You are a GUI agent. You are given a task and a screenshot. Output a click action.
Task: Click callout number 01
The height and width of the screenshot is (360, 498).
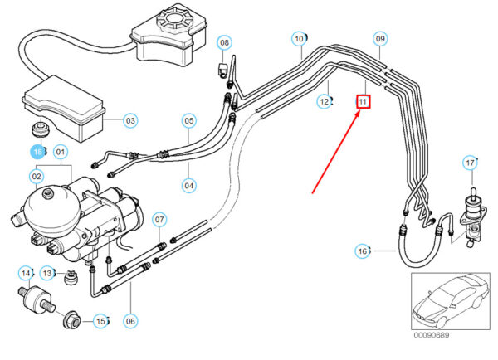[x=61, y=152]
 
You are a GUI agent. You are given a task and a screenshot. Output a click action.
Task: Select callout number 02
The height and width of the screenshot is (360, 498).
[x=37, y=176]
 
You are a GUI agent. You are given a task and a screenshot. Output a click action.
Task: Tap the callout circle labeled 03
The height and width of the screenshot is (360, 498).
[x=130, y=121]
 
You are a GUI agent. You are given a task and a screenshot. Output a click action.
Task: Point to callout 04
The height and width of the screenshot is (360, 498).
[x=189, y=184]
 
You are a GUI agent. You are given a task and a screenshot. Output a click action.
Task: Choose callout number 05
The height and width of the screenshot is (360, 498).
[x=189, y=121]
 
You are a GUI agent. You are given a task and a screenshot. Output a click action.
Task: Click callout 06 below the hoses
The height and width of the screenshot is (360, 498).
[x=130, y=321]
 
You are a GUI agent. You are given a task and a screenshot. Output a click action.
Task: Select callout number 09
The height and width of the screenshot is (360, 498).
[x=380, y=38]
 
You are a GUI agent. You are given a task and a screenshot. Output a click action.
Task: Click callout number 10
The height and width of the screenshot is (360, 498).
[x=299, y=38]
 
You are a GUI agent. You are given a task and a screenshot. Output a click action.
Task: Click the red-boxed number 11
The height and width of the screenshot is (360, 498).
[x=363, y=101]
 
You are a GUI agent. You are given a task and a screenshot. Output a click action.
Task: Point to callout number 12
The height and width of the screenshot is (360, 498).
[x=325, y=101]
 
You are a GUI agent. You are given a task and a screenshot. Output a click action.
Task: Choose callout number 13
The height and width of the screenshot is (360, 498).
[x=47, y=273]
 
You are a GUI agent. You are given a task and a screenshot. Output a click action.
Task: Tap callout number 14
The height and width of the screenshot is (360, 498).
[x=26, y=273]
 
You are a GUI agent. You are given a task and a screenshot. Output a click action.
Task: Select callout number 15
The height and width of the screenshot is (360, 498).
[x=100, y=320]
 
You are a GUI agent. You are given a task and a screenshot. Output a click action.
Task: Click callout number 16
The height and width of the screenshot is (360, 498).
[x=363, y=251]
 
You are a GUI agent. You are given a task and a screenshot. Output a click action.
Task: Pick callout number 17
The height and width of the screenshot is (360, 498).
[x=470, y=162]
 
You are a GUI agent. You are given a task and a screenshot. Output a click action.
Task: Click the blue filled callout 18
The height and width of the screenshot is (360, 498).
[x=37, y=152]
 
